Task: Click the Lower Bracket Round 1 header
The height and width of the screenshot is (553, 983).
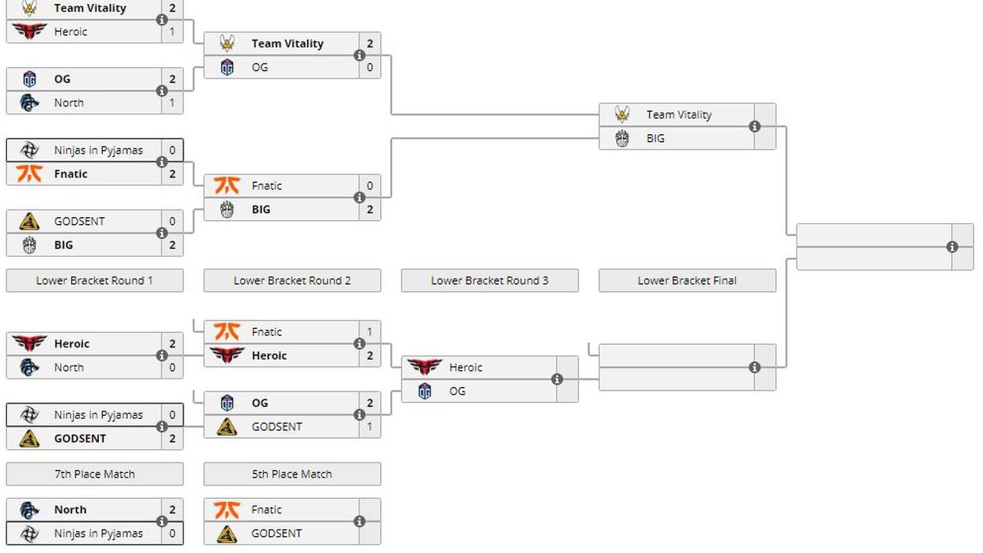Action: click(94, 280)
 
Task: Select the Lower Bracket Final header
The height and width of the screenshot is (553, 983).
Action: click(687, 280)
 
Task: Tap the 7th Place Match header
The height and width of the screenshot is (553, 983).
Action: click(94, 474)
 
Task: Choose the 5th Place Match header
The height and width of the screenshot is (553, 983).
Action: click(292, 474)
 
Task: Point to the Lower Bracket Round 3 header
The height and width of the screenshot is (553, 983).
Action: click(489, 280)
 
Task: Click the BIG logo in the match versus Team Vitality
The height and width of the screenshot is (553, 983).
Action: click(623, 139)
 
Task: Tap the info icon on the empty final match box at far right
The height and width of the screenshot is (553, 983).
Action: click(952, 247)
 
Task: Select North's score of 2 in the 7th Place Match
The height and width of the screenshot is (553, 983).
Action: click(172, 510)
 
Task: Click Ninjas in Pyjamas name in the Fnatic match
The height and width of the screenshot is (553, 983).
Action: click(98, 150)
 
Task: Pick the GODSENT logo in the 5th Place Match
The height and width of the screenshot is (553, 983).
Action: click(227, 533)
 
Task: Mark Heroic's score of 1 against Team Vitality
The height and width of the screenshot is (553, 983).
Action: click(172, 31)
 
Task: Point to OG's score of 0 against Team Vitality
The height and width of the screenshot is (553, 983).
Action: click(370, 67)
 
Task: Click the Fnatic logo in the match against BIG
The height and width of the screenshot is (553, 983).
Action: click(227, 185)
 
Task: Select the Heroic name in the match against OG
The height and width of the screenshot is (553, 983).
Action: click(466, 367)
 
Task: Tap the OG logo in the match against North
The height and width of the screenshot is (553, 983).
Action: click(30, 79)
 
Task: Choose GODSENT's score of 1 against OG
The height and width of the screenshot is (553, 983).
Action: click(370, 427)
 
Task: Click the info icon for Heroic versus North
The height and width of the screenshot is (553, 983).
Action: click(162, 356)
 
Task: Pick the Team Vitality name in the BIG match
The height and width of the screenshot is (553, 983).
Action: click(679, 114)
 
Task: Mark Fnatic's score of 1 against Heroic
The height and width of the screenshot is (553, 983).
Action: click(370, 332)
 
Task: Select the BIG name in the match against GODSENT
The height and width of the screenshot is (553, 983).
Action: click(63, 245)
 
